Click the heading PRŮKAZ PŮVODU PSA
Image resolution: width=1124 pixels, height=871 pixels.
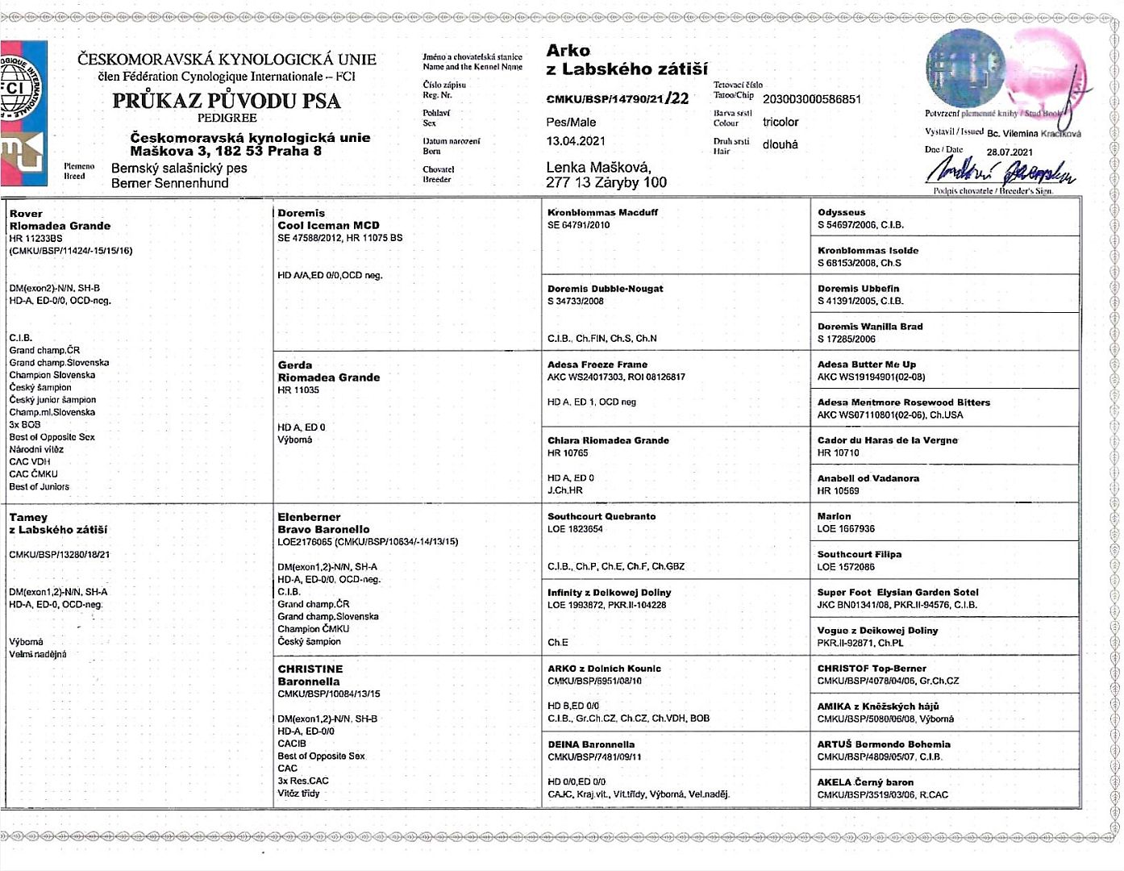(226, 101)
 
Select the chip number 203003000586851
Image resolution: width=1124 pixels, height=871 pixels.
(811, 99)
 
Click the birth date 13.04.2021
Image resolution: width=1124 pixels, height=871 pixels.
(576, 141)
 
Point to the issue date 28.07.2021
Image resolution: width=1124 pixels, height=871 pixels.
(1010, 152)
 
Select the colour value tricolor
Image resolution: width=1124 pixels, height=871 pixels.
(781, 122)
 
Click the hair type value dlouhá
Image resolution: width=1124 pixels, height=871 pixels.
(780, 144)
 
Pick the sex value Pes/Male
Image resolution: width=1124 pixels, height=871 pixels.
(571, 122)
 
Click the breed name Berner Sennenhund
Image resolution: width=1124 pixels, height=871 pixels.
(169, 183)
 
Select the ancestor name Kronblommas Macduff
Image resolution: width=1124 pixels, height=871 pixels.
(602, 212)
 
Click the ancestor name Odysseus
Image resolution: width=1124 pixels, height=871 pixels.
(841, 212)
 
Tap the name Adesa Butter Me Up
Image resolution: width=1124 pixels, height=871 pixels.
(866, 365)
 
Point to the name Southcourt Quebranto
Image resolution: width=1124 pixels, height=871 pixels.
(601, 516)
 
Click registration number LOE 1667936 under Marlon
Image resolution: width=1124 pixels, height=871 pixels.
(845, 529)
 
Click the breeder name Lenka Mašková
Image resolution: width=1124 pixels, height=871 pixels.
(598, 168)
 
